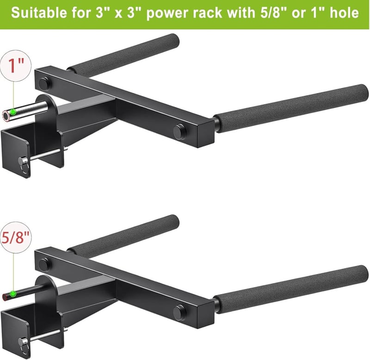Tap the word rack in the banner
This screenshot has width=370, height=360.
[x=207, y=12]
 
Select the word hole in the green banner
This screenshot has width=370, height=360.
[x=344, y=12]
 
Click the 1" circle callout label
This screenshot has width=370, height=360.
[x=16, y=66]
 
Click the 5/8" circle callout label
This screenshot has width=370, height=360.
[x=16, y=237]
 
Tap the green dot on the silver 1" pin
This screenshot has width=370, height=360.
[x=13, y=111]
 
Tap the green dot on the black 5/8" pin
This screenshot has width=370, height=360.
[x=13, y=293]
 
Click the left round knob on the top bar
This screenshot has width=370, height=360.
[x=44, y=84]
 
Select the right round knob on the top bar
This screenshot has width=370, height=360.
[x=180, y=131]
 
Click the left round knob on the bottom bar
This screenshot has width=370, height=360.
[x=44, y=264]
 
